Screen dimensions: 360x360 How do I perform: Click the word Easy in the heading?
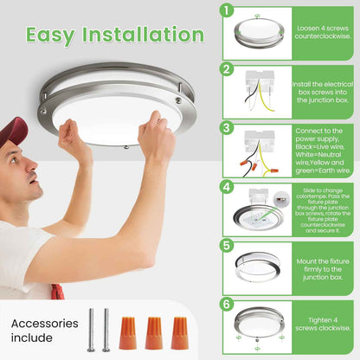(50, 35)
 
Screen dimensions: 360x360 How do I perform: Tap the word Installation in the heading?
(143, 35)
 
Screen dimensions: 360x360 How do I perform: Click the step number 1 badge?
(227, 10)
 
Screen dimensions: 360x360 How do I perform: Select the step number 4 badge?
(227, 187)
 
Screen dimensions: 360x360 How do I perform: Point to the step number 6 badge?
(227, 305)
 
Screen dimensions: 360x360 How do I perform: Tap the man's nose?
(32, 165)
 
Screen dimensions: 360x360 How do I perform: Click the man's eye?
(13, 159)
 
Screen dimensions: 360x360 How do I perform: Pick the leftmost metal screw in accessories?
(91, 330)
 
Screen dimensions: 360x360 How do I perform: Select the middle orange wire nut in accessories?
(154, 333)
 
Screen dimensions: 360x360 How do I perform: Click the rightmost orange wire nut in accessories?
(179, 333)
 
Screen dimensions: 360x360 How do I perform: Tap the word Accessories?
(45, 324)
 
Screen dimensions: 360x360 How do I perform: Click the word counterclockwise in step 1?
(323, 36)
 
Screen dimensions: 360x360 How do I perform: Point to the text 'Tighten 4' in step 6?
(323, 320)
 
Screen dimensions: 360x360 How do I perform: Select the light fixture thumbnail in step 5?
(258, 267)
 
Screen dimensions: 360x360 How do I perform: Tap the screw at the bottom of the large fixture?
(126, 147)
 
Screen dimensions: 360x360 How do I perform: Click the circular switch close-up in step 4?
(281, 199)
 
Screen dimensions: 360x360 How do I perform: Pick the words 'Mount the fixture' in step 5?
(323, 261)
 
